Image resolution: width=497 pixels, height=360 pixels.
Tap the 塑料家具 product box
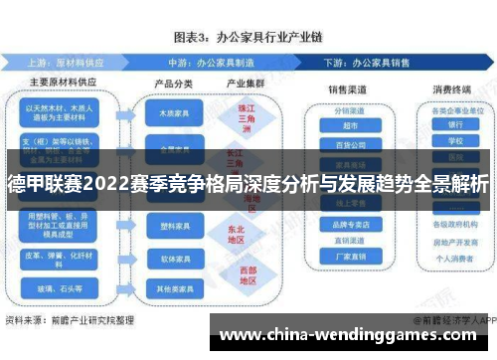coord(174,227)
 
